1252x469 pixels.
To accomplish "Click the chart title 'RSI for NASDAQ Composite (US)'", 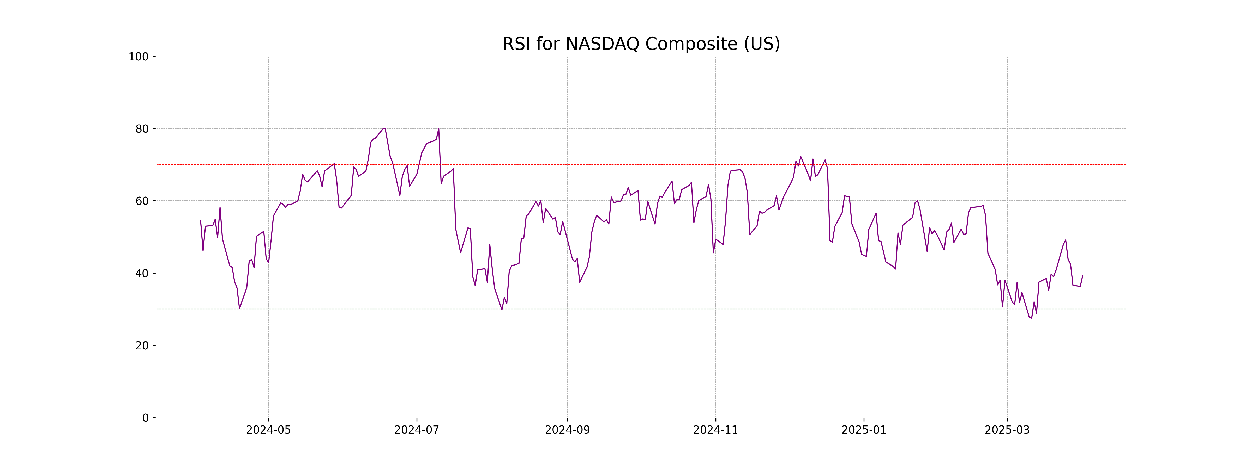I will pos(641,44).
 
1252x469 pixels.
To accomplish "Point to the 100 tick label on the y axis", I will pos(139,57).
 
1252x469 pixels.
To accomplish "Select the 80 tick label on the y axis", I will pos(142,129).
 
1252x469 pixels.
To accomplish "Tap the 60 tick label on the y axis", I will pos(142,201).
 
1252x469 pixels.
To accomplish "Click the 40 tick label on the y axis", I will pos(142,273).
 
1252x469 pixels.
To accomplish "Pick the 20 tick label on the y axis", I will pos(142,346).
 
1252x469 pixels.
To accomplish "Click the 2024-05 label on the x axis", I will pos(268,430).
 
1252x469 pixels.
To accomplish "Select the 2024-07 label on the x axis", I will pos(417,430).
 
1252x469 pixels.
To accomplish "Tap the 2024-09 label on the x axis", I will pos(567,430).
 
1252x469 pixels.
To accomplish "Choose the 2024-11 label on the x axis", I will pos(715,430).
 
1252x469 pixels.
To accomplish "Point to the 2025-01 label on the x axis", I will pos(864,430).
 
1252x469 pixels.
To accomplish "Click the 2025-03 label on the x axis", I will pos(1007,430).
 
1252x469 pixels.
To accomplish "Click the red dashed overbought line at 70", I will pos(583,165).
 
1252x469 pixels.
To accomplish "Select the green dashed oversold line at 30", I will pos(583,309).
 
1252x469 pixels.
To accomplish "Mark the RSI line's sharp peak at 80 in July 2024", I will pos(438,129).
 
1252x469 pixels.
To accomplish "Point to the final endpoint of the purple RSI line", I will pos(1082,275).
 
